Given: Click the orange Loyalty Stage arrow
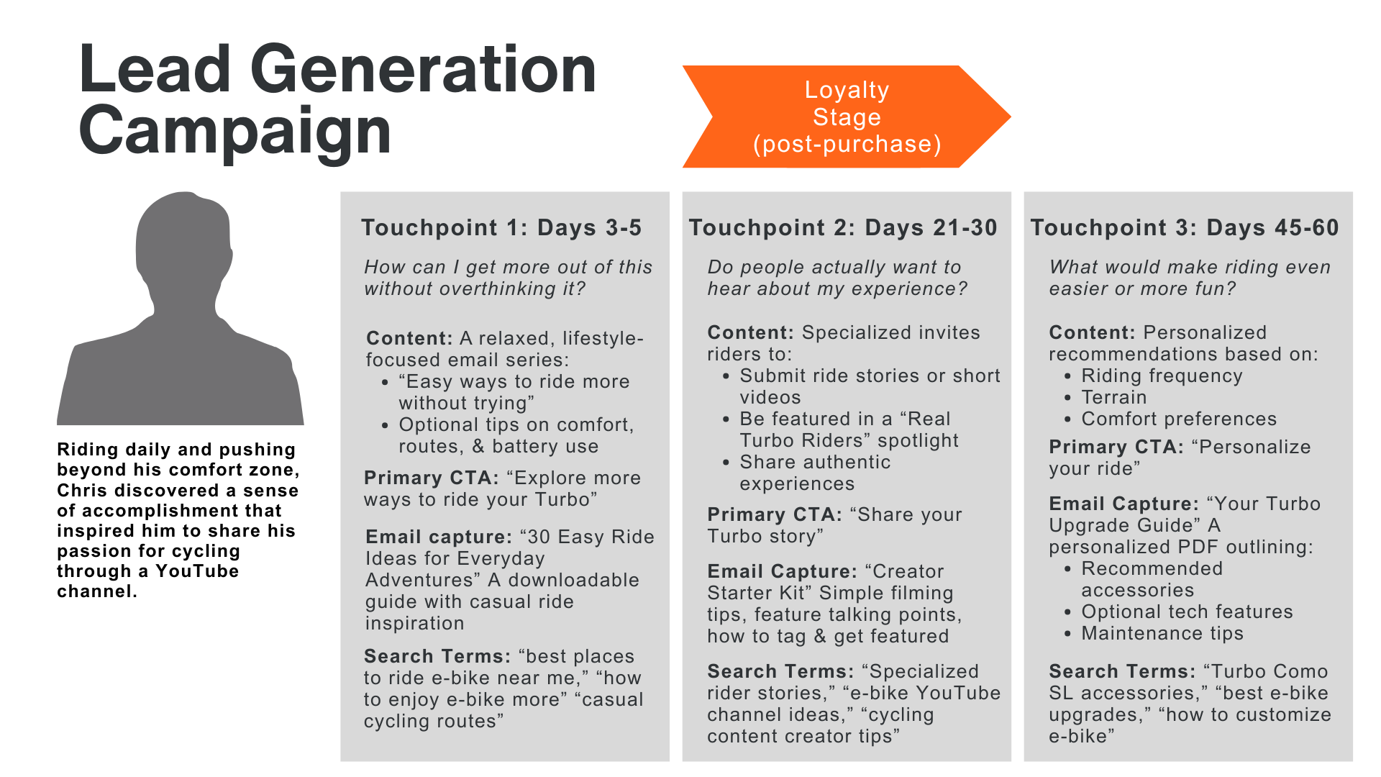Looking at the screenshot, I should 846,117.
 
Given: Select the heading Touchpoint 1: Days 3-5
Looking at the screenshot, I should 501,228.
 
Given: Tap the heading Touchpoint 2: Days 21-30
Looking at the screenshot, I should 843,228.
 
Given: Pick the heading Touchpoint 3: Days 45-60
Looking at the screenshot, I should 1185,228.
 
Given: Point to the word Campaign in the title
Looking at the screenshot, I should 235,131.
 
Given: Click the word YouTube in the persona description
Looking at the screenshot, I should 197,571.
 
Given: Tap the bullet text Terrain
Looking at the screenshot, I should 1114,398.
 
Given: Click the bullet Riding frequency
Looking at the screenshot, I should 1162,376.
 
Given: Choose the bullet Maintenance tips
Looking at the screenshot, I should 1162,634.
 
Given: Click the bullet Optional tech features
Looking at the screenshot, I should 1187,612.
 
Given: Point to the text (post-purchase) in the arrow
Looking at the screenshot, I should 847,145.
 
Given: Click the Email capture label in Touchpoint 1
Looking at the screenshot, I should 438,537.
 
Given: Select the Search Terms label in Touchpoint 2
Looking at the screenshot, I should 780,672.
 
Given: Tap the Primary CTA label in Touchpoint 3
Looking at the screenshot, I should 1116,447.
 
